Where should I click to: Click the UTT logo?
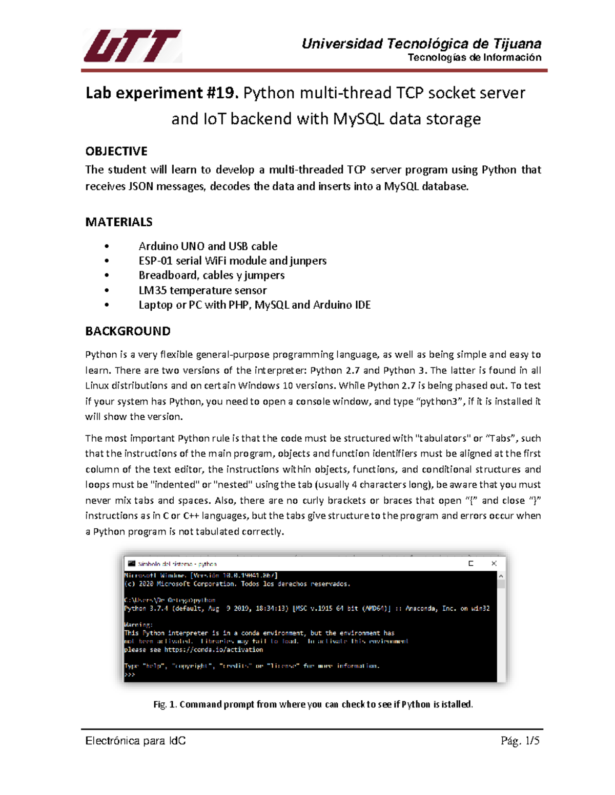(132, 46)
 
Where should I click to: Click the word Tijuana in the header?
(517, 44)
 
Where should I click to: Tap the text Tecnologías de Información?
(474, 57)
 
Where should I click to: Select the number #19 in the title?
(222, 93)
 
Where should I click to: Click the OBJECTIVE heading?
(116, 151)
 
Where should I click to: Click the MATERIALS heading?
(119, 222)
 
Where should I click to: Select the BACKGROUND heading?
(128, 331)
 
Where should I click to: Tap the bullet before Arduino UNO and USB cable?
(107, 246)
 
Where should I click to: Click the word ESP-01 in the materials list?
(155, 261)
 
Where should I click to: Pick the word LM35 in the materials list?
(152, 290)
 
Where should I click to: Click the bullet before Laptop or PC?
(107, 305)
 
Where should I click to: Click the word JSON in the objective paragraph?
(140, 186)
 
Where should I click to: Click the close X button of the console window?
(494, 563)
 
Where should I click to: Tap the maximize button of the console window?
(470, 563)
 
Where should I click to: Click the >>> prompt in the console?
(130, 675)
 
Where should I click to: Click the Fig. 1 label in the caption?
(165, 704)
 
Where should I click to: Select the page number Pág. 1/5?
(520, 741)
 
